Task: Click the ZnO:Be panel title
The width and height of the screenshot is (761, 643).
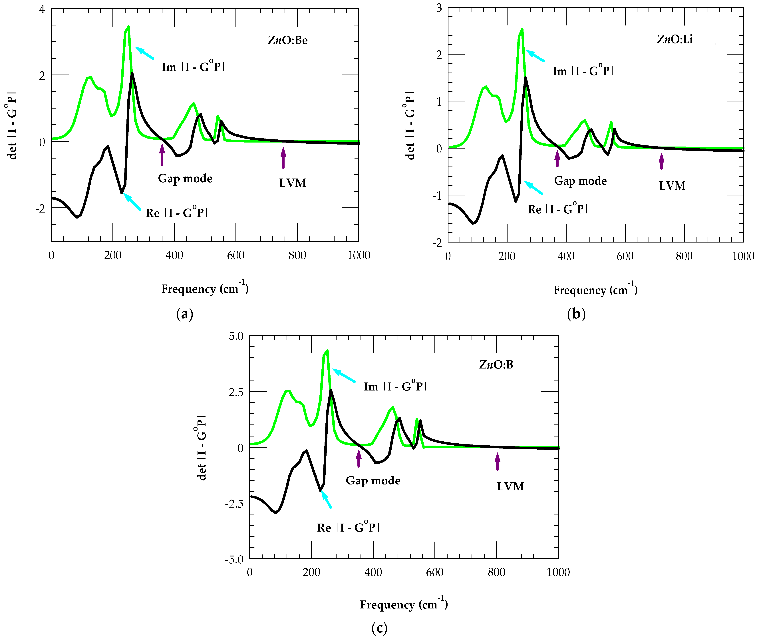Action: (287, 40)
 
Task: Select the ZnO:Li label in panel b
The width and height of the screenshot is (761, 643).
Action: (675, 39)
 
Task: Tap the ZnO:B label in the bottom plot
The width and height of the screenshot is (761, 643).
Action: (496, 364)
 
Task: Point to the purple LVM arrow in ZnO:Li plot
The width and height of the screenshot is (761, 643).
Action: (661, 161)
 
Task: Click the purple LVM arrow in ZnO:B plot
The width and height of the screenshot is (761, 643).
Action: (497, 461)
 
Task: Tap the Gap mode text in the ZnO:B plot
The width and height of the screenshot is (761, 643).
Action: (373, 480)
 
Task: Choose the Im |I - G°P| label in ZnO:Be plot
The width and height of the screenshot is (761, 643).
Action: (193, 67)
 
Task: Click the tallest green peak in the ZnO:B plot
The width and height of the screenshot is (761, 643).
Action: (327, 351)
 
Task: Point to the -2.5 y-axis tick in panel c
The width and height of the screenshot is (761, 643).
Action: (234, 503)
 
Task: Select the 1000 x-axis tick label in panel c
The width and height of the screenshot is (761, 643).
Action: (558, 572)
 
